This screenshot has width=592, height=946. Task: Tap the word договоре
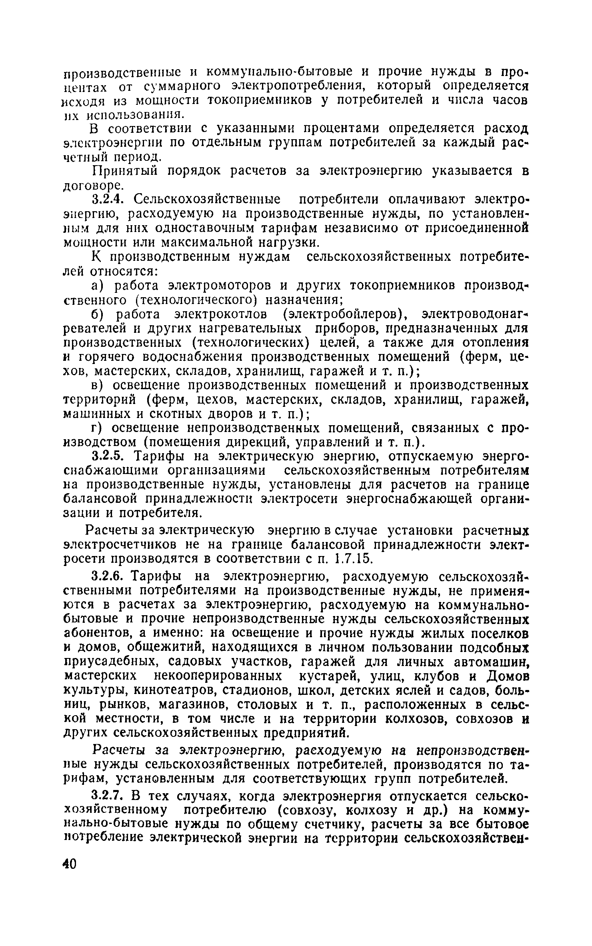click(x=92, y=185)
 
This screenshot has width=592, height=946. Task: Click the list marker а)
click(x=98, y=286)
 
